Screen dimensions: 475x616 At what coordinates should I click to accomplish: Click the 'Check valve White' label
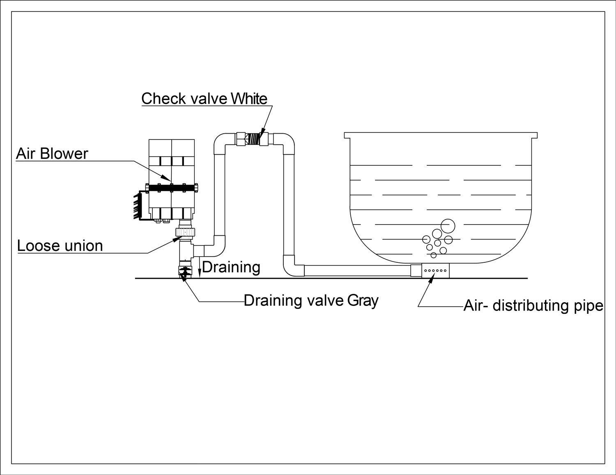click(204, 99)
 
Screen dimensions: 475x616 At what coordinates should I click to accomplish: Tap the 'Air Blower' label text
click(52, 154)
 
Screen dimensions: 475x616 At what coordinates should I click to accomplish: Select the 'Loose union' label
click(60, 246)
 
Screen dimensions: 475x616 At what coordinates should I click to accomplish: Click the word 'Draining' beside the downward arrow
click(231, 267)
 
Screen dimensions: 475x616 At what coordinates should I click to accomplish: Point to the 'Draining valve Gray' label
click(311, 301)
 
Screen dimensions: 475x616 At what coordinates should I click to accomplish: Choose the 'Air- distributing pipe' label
click(533, 306)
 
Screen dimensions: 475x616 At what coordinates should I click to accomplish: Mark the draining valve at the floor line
click(184, 271)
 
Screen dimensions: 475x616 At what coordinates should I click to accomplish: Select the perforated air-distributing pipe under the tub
click(435, 271)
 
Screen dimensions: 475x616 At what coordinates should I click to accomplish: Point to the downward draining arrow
click(199, 267)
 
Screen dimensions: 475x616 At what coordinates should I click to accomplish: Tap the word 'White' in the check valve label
click(249, 99)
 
